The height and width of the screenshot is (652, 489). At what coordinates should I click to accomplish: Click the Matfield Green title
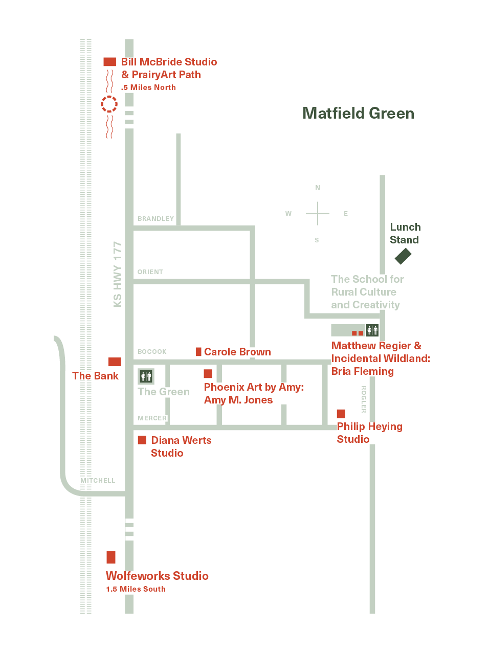tap(358, 113)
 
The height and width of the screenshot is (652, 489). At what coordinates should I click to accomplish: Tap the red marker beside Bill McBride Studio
tap(109, 62)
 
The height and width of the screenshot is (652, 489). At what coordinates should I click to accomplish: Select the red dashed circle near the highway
tap(109, 104)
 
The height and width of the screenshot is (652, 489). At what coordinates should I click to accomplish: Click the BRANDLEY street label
tap(155, 219)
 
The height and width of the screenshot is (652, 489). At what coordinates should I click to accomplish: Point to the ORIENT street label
tap(150, 272)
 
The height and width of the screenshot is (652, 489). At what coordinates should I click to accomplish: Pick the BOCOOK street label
tap(152, 351)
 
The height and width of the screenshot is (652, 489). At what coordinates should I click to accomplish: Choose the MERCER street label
tap(152, 418)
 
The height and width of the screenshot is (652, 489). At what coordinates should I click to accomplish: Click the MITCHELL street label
tap(98, 480)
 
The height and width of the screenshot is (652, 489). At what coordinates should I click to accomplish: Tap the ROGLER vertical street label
tap(364, 399)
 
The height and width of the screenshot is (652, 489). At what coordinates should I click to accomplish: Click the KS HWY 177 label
tap(118, 274)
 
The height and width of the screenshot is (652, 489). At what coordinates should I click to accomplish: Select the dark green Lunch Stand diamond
tap(403, 256)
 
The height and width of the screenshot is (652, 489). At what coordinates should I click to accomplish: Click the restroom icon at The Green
tap(146, 376)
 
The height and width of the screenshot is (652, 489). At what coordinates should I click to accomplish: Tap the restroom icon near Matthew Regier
tap(372, 330)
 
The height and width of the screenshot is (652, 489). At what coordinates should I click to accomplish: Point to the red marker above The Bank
tap(115, 362)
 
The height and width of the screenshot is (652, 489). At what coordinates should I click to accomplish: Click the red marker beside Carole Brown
tap(198, 352)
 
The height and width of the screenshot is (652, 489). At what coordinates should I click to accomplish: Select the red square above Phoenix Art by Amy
tap(208, 373)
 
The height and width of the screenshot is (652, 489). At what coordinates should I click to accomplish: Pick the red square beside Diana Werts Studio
tap(142, 440)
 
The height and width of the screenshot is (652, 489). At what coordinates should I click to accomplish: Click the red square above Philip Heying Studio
tap(341, 414)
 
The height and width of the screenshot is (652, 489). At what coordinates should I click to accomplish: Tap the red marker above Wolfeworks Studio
tap(111, 557)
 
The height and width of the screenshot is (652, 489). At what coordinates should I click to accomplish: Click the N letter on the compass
tap(318, 188)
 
